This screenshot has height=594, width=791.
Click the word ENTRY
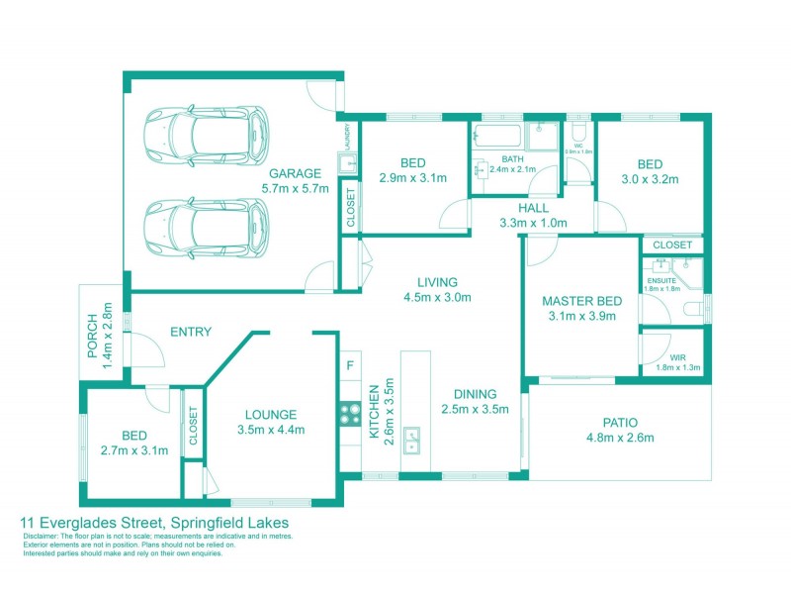click(191, 333)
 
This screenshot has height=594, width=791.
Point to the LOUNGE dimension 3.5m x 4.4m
click(271, 430)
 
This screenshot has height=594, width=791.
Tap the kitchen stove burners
click(349, 413)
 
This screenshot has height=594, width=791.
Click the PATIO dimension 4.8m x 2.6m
click(620, 437)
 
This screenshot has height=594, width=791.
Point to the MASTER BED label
click(580, 301)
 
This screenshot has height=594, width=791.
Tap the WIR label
click(677, 357)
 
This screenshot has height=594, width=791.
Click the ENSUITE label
click(661, 280)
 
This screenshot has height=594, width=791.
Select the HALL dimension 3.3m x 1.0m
click(532, 223)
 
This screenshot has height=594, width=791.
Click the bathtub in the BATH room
click(498, 138)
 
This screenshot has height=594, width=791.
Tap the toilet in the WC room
click(579, 133)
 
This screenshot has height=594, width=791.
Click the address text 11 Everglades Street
click(94, 522)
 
